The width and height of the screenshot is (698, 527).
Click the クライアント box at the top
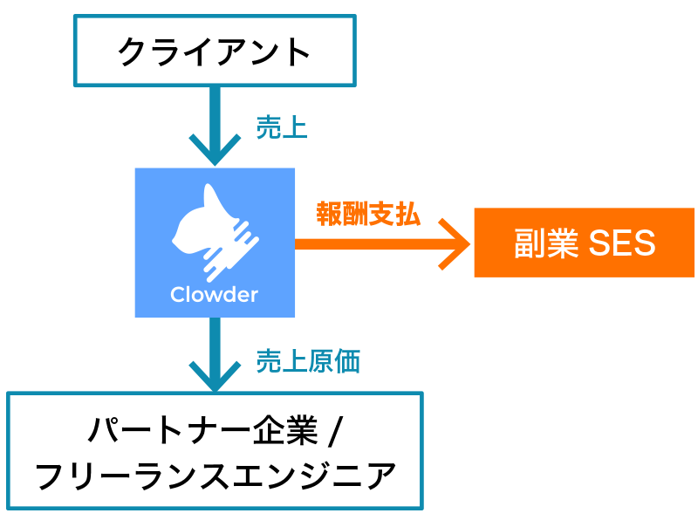pos(215,51)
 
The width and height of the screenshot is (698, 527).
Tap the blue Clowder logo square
pos(214,243)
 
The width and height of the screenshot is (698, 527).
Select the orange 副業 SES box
pos(584,243)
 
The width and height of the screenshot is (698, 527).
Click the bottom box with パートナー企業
pos(215,450)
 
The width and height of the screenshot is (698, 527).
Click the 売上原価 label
pos(308,360)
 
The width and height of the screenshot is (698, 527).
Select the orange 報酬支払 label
pos(367,214)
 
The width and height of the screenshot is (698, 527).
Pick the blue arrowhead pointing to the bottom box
pos(214,376)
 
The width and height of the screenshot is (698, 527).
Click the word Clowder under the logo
pos(214,294)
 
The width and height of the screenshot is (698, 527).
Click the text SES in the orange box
pos(621,243)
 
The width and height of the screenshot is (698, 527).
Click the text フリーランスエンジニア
pos(215,476)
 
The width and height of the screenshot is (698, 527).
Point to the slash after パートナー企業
pos(337,429)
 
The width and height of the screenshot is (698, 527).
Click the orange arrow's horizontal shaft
pos(366,243)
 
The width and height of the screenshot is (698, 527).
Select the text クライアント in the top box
pos(215,51)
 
